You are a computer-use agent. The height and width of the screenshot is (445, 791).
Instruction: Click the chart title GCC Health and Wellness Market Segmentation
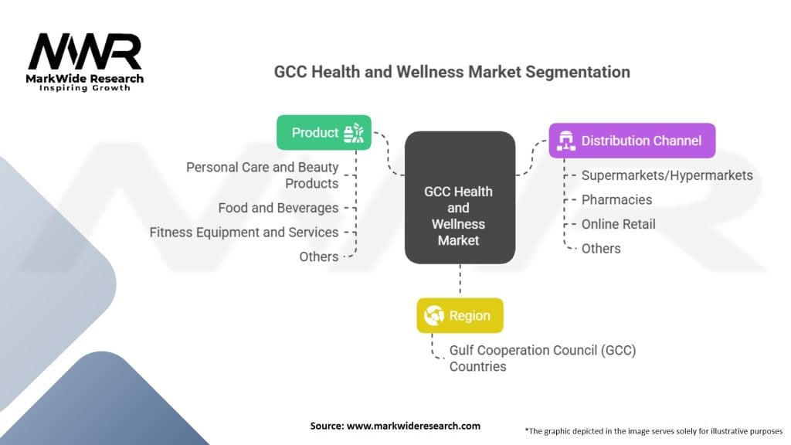click(x=452, y=72)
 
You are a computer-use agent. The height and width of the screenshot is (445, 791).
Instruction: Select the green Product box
click(x=324, y=132)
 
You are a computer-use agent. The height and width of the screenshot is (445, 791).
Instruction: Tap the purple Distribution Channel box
click(x=632, y=141)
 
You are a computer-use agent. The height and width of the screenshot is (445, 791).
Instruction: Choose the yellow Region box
click(x=460, y=315)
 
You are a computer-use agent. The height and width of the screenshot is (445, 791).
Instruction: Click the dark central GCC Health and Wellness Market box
click(x=459, y=198)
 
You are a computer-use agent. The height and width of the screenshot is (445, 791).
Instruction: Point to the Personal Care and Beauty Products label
click(x=263, y=175)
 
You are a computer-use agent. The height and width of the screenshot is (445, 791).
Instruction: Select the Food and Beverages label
click(x=278, y=208)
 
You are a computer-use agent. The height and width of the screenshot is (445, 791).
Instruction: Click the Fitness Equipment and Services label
click(x=244, y=232)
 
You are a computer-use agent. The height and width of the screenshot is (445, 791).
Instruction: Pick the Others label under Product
click(x=319, y=256)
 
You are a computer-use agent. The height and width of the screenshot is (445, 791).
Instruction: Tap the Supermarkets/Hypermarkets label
click(x=667, y=175)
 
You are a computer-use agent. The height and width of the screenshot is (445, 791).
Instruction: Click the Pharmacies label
click(x=616, y=199)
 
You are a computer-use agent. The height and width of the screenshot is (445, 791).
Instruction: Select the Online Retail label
click(x=618, y=224)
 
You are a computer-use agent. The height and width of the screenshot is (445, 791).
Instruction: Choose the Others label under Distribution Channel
click(x=601, y=248)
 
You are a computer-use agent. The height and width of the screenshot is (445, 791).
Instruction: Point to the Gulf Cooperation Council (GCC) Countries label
click(x=542, y=358)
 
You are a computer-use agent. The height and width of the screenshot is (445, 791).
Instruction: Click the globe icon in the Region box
click(x=434, y=315)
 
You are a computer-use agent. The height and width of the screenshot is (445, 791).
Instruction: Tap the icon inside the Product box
click(x=354, y=132)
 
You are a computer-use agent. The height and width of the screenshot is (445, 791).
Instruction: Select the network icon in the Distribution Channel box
click(x=566, y=141)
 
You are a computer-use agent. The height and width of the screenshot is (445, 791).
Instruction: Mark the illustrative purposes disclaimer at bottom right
click(x=653, y=430)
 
